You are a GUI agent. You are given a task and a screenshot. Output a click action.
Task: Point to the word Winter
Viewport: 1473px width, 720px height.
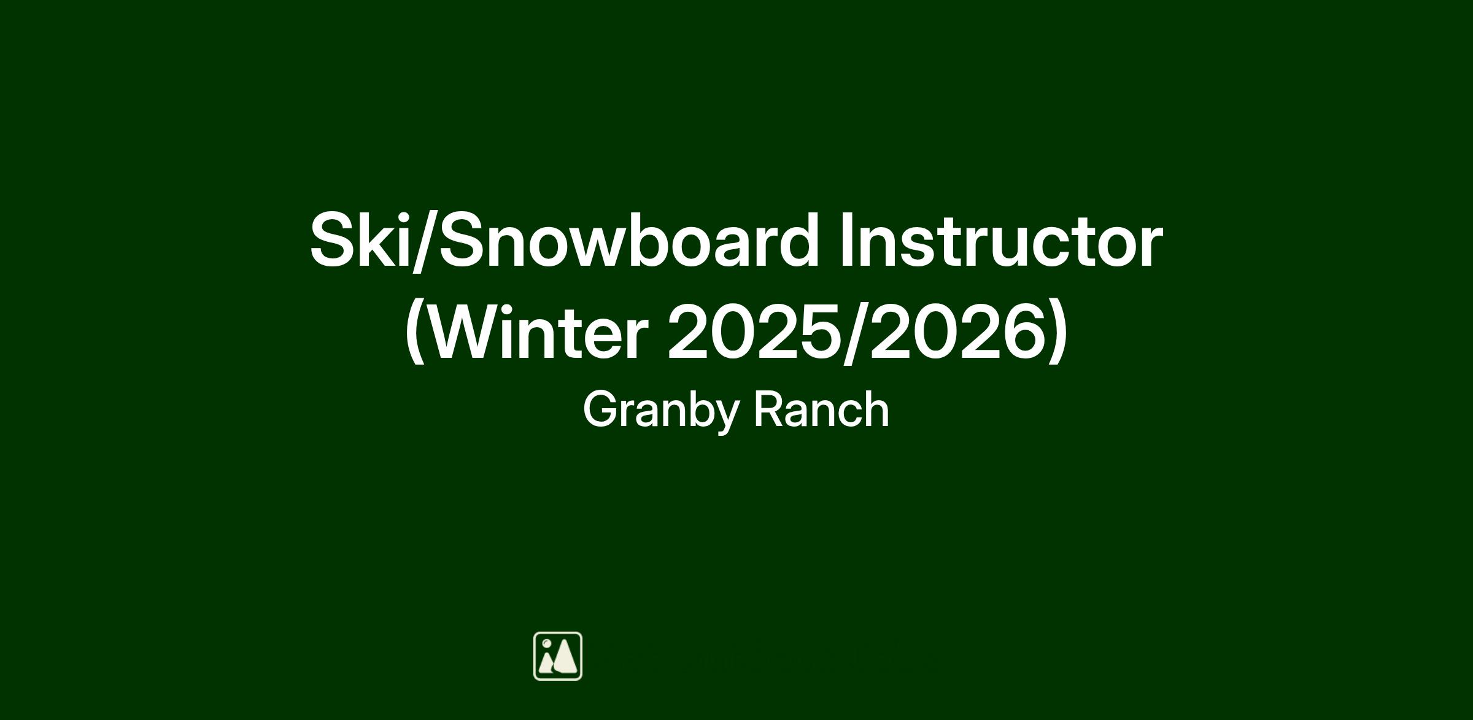pyautogui.click(x=536, y=332)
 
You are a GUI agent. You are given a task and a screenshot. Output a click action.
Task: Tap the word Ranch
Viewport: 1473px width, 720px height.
pyautogui.click(x=821, y=409)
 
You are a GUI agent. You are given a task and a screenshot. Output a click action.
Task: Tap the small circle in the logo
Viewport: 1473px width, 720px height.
pyautogui.click(x=546, y=643)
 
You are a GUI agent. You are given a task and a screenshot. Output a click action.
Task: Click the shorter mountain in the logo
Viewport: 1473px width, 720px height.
pyautogui.click(x=545, y=662)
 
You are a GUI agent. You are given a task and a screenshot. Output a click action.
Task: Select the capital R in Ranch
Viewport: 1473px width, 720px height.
pyautogui.click(x=770, y=409)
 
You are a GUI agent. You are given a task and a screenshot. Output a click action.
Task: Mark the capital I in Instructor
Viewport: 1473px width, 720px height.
pyautogui.click(x=846, y=240)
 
